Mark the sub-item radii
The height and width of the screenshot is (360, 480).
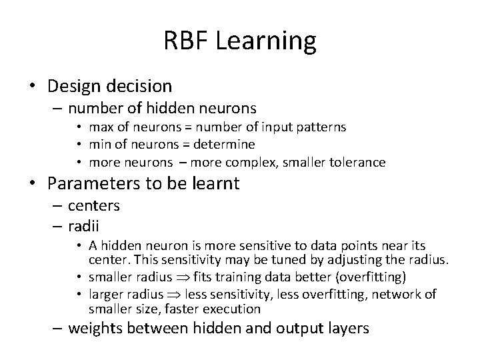[83, 225]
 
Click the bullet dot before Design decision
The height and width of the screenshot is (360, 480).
[32, 87]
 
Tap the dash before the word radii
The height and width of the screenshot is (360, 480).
[58, 225]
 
